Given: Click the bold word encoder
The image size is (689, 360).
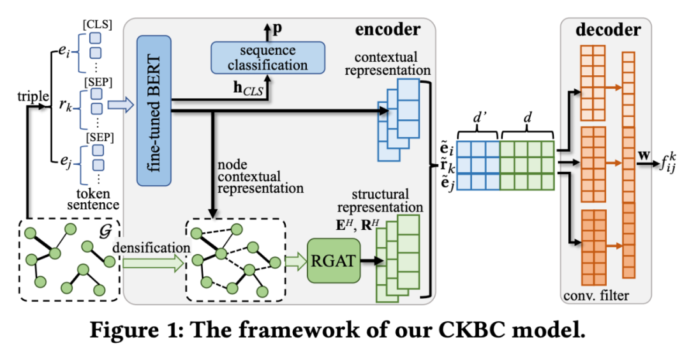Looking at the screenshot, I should pyautogui.click(x=387, y=29).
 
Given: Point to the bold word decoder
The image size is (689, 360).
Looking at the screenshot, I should pyautogui.click(x=606, y=29).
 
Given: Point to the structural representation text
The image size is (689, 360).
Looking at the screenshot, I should pyautogui.click(x=380, y=200).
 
